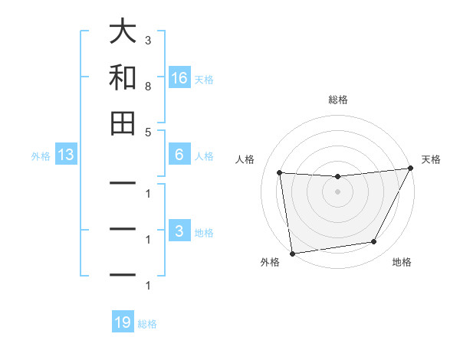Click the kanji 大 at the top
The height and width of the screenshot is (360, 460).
coord(123,32)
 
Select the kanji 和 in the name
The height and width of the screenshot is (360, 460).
coord(123,77)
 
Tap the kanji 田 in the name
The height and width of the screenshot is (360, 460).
coord(123,123)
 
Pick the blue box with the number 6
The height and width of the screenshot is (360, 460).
coord(179,155)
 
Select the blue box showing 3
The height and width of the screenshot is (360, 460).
coord(179,231)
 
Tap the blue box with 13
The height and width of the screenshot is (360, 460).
coord(65,155)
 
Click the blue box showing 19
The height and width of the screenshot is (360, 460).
coord(123,322)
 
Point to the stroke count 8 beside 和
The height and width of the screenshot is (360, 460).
coord(148,87)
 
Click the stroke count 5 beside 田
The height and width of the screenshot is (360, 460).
coord(148,133)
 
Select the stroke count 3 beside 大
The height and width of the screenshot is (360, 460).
coord(148,40)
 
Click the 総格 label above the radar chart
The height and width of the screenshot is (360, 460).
coord(338,100)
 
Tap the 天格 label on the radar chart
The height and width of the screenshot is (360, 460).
coord(431,159)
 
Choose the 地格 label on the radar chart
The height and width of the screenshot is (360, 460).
coord(402,262)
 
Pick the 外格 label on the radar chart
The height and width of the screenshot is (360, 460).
coord(270,262)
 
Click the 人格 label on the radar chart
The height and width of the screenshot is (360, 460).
coord(245,159)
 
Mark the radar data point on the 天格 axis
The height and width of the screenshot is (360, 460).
coord(411,169)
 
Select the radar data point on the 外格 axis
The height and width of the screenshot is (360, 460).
coord(292,253)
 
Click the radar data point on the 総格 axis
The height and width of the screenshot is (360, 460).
coord(337,177)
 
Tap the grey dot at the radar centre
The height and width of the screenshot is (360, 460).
coord(337,192)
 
